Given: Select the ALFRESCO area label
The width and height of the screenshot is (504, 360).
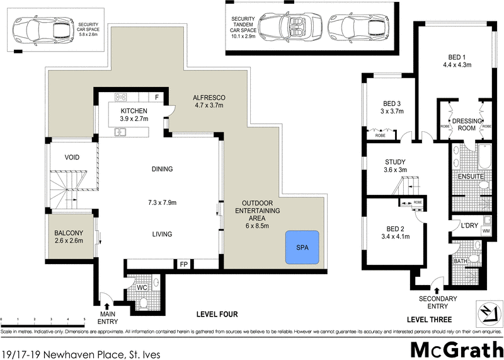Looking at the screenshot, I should [209, 97].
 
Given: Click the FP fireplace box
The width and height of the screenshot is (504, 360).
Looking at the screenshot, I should [184, 264].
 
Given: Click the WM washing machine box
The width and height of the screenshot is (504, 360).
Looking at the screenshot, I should [486, 231].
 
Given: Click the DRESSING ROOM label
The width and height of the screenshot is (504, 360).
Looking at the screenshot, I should [466, 124].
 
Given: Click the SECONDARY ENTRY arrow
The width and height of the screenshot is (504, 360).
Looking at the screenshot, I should [437, 289].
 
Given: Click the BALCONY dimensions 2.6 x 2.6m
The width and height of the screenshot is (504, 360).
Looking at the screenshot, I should [69, 240].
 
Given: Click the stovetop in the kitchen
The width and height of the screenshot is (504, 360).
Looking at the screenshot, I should [122, 97].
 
